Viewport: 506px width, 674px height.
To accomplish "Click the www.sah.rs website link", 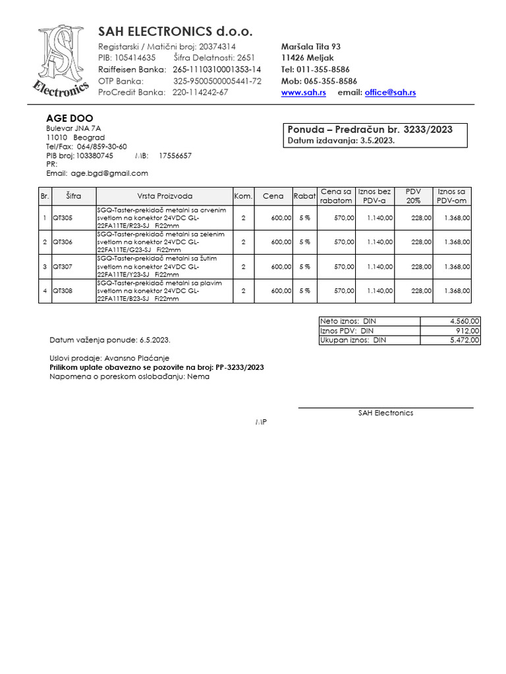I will click(x=304, y=93).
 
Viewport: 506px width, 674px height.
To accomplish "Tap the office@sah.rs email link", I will click(x=390, y=93).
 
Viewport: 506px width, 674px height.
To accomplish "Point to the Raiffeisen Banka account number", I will click(x=217, y=69).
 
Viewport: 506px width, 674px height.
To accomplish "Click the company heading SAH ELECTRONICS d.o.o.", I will click(x=175, y=32).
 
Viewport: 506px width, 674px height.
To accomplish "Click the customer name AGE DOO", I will click(x=69, y=118).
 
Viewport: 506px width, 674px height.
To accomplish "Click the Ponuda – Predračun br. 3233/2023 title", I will click(x=370, y=130).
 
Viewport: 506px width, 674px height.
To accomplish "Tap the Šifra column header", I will click(x=74, y=196).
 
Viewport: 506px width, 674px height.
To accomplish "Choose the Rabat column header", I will click(x=304, y=196).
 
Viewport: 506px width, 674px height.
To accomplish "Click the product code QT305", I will click(x=63, y=218).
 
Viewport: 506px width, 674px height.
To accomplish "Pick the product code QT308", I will click(x=63, y=290).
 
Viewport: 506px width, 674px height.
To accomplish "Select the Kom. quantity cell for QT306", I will click(x=243, y=242).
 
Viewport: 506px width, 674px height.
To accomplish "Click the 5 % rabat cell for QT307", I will click(x=304, y=267).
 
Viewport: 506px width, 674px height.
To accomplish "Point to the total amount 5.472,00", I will click(x=465, y=340).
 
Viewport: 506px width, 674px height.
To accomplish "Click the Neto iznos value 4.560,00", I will click(x=465, y=321).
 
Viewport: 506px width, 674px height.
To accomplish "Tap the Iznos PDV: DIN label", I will click(x=347, y=330).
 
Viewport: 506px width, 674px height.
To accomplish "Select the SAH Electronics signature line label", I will click(x=385, y=413).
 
